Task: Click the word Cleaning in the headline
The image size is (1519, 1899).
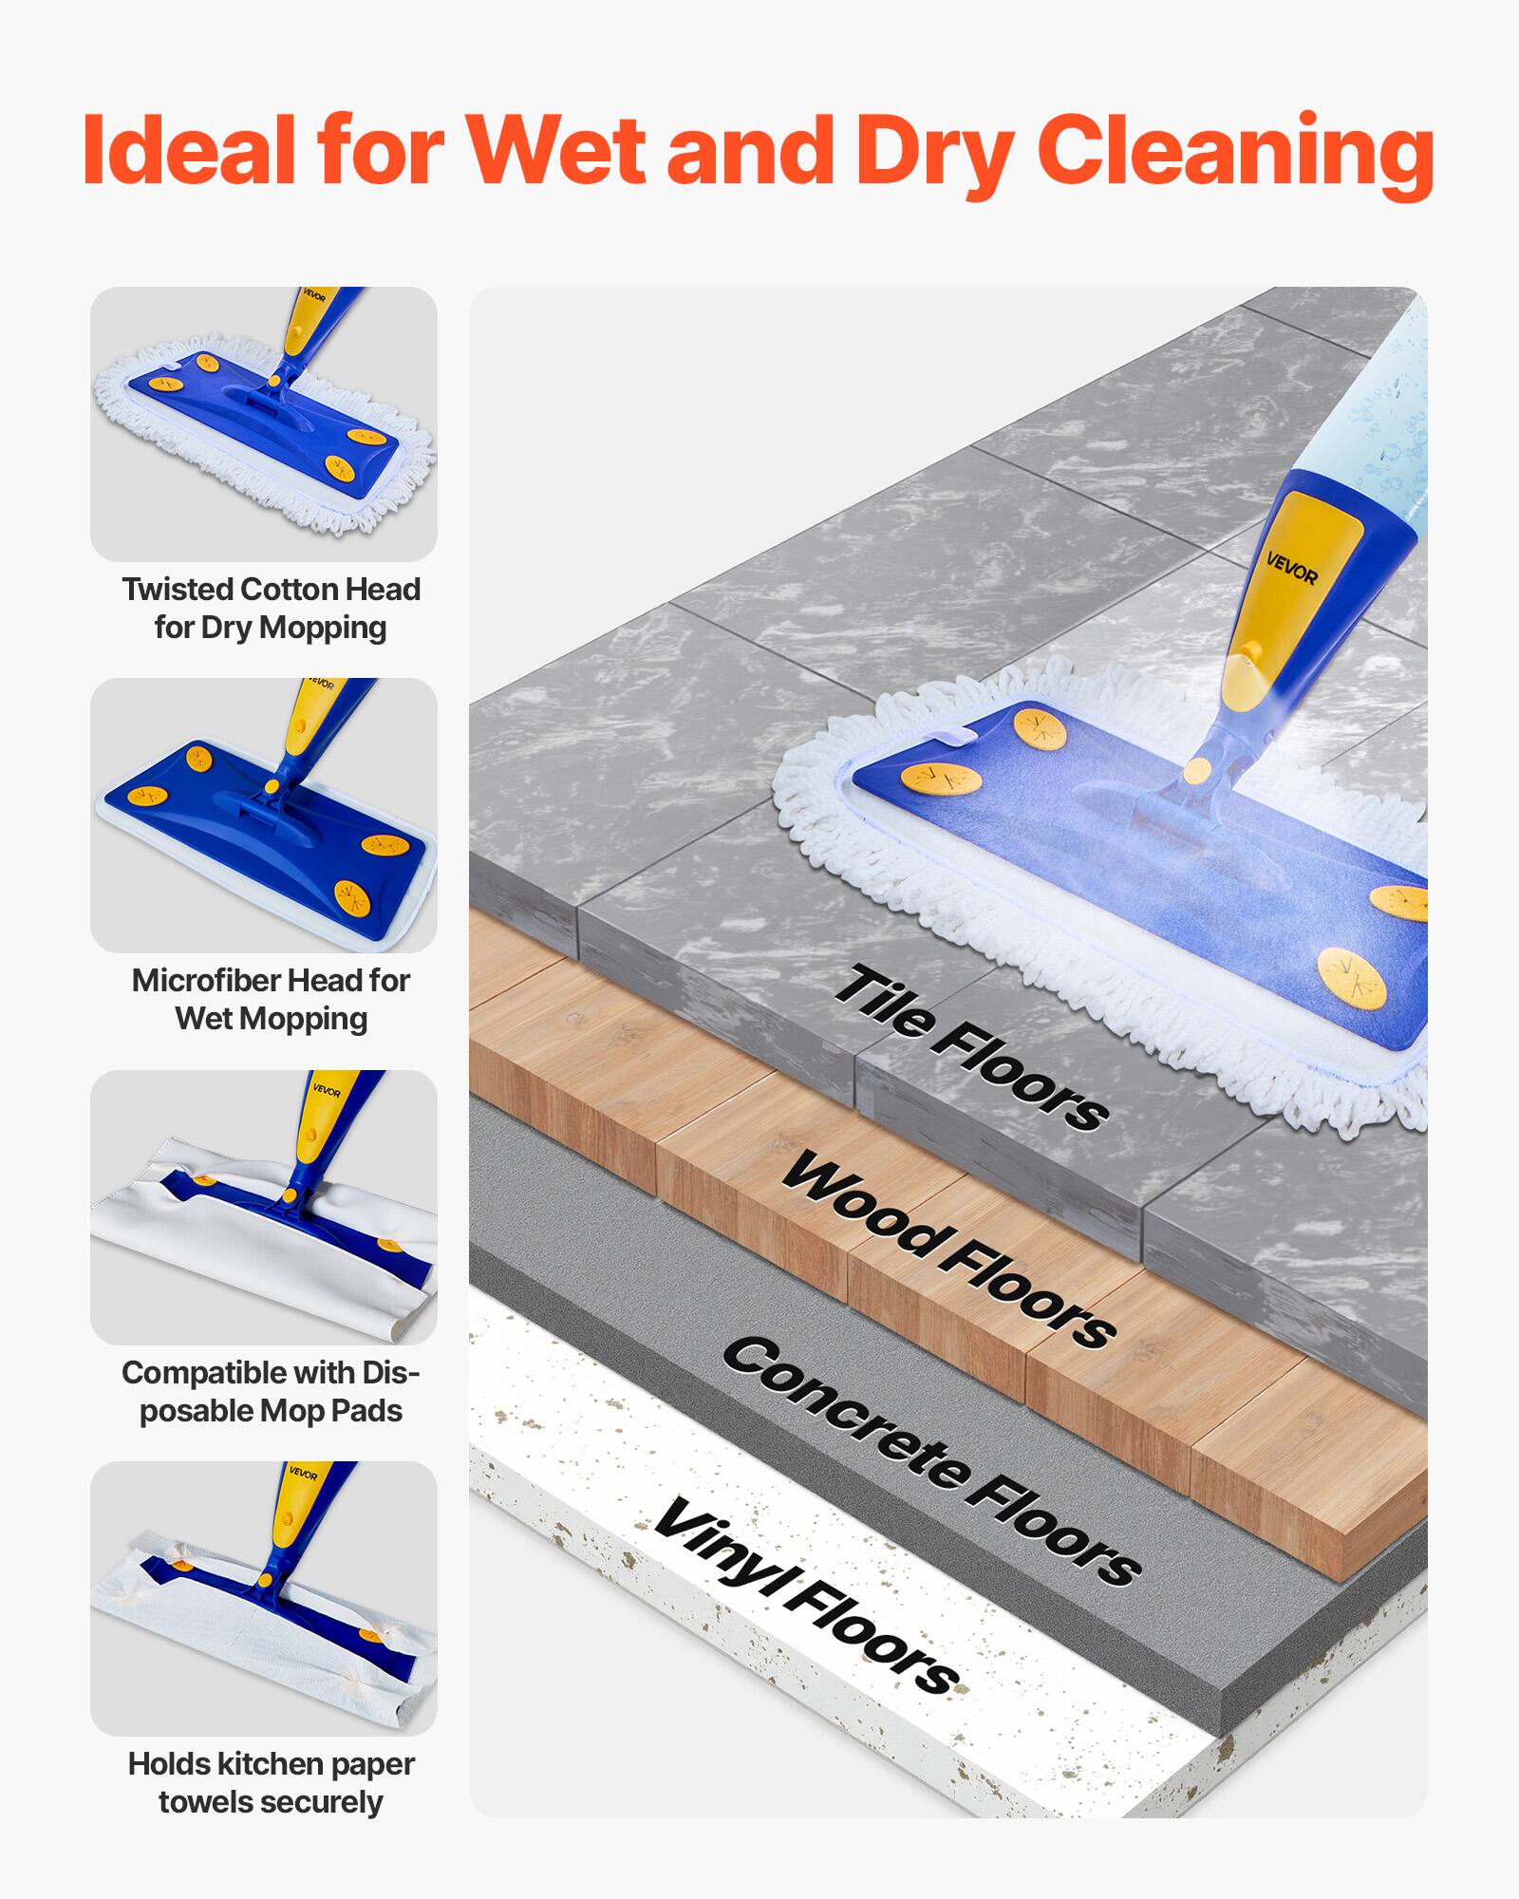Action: [1234, 152]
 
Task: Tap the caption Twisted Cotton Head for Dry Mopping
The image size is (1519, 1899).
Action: [271, 608]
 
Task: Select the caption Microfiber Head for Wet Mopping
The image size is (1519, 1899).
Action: [271, 999]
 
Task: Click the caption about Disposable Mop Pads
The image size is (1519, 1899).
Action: [271, 1391]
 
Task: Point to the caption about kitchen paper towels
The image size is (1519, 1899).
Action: [271, 1782]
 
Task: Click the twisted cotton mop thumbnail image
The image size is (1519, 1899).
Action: [264, 423]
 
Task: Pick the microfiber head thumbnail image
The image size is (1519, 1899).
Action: [264, 815]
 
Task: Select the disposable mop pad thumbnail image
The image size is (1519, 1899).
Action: [264, 1207]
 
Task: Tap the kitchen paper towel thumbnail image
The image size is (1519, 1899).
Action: [264, 1598]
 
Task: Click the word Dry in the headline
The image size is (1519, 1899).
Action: [935, 152]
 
